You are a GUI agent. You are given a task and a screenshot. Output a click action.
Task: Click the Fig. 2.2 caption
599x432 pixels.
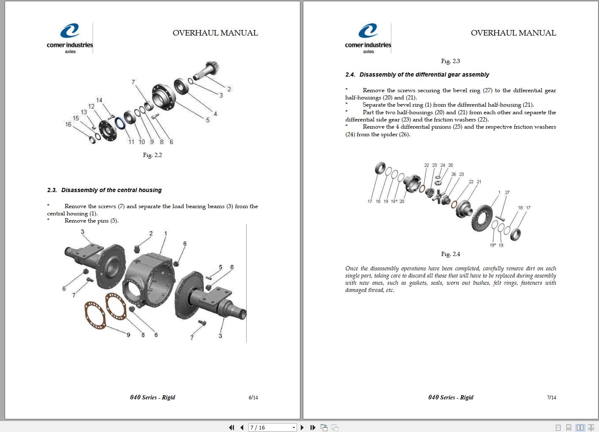152,155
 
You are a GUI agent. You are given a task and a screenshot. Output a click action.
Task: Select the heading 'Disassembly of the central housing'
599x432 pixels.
111,190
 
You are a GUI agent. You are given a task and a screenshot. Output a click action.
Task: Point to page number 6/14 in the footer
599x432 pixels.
253,398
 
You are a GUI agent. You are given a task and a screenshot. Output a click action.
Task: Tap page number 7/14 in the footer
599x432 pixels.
551,398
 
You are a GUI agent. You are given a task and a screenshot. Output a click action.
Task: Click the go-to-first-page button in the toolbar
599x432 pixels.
231,427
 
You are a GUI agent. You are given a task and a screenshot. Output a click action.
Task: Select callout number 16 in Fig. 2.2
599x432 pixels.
68,124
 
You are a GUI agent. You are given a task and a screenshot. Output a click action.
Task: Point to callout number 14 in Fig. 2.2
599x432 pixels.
99,100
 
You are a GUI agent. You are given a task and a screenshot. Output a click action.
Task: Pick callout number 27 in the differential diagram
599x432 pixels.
507,193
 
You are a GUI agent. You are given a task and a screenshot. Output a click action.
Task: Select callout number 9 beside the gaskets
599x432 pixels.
128,335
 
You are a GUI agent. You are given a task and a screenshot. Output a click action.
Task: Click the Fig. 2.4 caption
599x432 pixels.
451,254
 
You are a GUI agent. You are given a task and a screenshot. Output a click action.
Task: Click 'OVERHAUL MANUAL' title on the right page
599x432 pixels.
513,33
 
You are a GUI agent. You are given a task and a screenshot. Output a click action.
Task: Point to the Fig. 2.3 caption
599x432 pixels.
451,61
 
